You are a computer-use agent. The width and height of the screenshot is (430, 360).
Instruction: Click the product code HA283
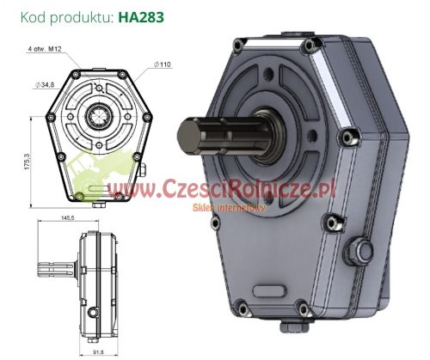(141, 17)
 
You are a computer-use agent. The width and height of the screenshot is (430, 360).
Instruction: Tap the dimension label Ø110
(163, 64)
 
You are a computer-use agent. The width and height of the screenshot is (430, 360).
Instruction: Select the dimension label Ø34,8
(45, 85)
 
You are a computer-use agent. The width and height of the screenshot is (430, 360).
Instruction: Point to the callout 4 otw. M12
(45, 49)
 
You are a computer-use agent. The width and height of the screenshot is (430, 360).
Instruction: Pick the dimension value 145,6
(68, 218)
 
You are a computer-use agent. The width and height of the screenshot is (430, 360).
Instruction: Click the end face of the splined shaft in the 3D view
(187, 134)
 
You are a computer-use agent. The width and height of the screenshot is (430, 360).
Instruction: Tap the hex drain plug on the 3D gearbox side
(359, 251)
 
